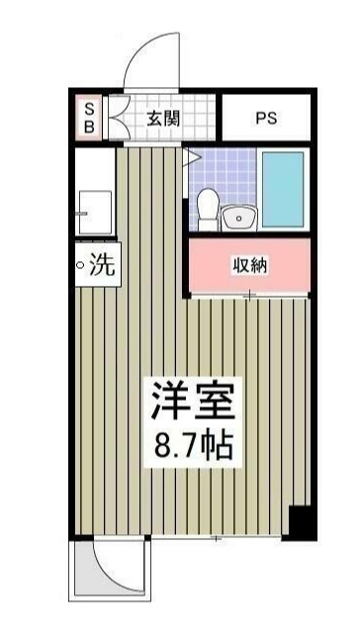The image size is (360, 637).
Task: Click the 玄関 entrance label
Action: pos(163,119)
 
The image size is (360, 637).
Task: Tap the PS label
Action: pos(266,119)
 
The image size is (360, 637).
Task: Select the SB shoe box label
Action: pos(88,118)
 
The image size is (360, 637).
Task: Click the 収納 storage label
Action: pos(249,265)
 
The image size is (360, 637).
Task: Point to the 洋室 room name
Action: pos(193,403)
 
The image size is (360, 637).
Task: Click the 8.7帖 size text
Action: pos(193,446)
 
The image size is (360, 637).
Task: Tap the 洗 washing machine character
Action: pos(103,264)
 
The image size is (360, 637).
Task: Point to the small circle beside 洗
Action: pos(81,265)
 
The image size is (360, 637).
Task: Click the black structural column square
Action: pos(300,521)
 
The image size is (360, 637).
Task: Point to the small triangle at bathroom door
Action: pos(189,155)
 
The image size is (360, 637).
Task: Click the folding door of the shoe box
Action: pos(111,118)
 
